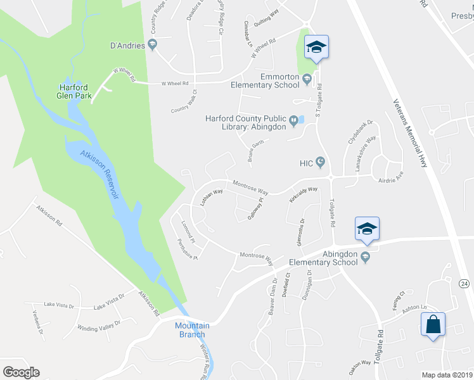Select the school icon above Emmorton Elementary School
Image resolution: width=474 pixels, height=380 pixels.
point(316,47)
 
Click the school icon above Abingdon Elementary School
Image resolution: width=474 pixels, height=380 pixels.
point(367,229)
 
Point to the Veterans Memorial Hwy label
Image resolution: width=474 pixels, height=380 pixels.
point(410,133)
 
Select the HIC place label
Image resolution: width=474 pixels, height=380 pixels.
point(307,163)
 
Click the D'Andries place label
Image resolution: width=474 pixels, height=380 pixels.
point(128,45)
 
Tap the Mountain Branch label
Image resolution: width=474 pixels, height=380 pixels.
point(191,330)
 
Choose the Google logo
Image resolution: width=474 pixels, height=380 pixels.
point(21,372)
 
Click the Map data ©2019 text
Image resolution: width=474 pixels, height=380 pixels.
point(446,375)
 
